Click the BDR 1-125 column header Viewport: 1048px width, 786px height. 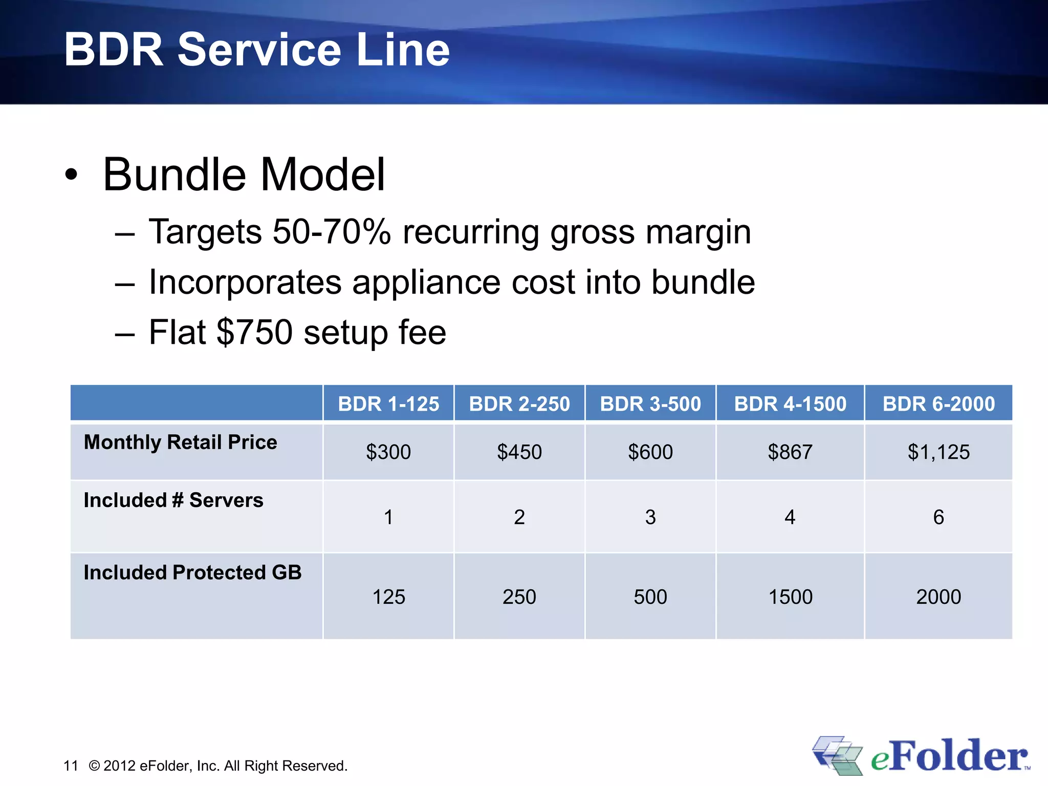(x=388, y=404)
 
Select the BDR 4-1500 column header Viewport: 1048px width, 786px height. (x=790, y=404)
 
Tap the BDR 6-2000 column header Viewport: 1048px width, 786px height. (x=938, y=404)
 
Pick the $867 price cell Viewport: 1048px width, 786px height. (x=790, y=452)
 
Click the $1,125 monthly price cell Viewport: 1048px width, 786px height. (x=938, y=452)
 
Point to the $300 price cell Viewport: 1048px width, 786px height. (x=388, y=452)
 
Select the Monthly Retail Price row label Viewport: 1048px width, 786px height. (x=180, y=442)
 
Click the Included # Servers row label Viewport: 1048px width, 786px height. (x=173, y=500)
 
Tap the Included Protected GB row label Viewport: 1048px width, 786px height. (x=192, y=572)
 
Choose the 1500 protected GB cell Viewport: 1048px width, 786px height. (x=790, y=597)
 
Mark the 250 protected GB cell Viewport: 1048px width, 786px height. (x=519, y=597)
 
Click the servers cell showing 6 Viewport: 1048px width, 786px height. (x=938, y=517)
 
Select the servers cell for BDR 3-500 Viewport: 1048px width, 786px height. (x=650, y=517)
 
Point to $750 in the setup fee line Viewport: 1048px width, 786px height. (x=254, y=333)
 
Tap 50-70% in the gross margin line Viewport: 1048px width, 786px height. (x=332, y=232)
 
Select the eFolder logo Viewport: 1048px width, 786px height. (x=921, y=755)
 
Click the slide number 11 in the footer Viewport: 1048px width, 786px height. (x=71, y=766)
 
